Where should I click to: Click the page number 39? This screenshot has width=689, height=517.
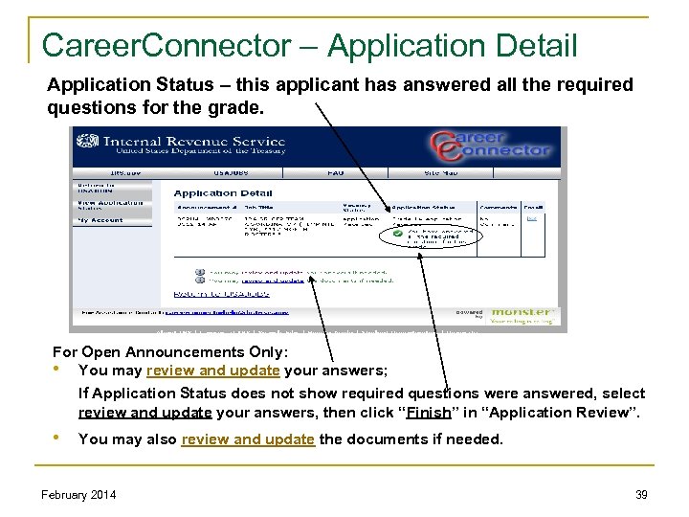pos(642,494)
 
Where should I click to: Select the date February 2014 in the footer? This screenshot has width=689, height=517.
pos(79,494)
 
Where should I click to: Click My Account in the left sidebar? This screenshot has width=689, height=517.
pos(100,220)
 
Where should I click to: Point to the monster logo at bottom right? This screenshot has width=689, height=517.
pos(523,312)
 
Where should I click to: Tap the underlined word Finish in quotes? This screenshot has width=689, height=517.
pos(423,413)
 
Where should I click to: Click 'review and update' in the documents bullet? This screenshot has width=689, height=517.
pos(248,439)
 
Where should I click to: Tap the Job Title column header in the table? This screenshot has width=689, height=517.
pos(257,207)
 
